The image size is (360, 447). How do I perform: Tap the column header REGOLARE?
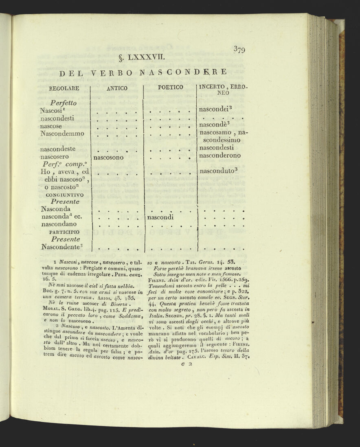64,88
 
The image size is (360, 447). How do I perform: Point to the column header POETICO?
170,87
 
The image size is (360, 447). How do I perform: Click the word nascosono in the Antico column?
108,157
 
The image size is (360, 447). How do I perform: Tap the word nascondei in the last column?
215,109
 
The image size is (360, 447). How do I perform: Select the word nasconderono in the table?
220,156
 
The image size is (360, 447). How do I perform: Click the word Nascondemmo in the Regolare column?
62,133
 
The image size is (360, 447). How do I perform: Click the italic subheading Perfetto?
64,103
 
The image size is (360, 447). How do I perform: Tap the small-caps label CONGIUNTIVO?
62,195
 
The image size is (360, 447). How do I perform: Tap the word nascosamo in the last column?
215,133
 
